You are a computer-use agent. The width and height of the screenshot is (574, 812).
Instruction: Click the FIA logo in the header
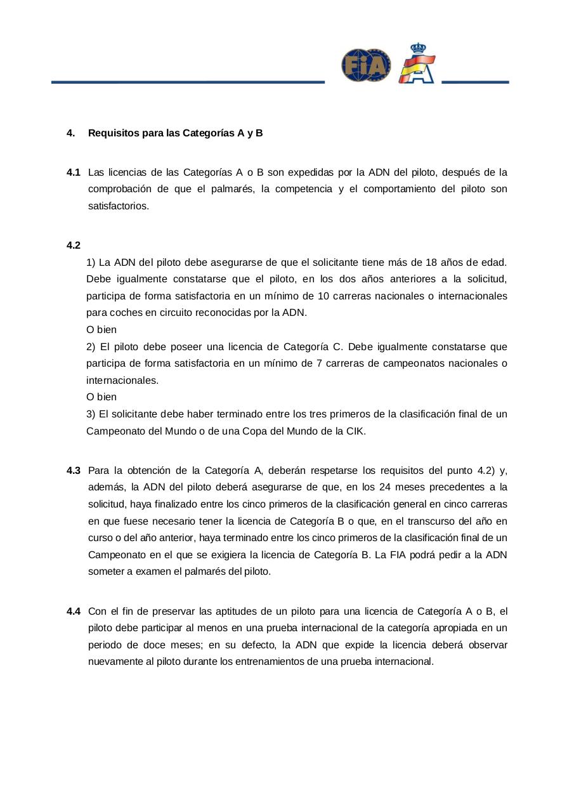[366, 65]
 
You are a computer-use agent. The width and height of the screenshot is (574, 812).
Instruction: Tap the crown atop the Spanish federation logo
[418, 48]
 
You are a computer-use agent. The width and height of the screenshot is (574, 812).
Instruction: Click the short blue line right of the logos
[475, 82]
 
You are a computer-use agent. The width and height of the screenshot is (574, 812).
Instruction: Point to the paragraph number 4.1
[73, 173]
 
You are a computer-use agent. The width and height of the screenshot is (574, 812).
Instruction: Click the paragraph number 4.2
[73, 246]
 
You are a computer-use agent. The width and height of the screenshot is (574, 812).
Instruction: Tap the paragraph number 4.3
[73, 471]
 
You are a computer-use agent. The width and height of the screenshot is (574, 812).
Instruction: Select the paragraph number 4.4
[73, 612]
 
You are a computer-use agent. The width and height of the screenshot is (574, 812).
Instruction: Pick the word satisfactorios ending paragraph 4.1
[118, 206]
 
